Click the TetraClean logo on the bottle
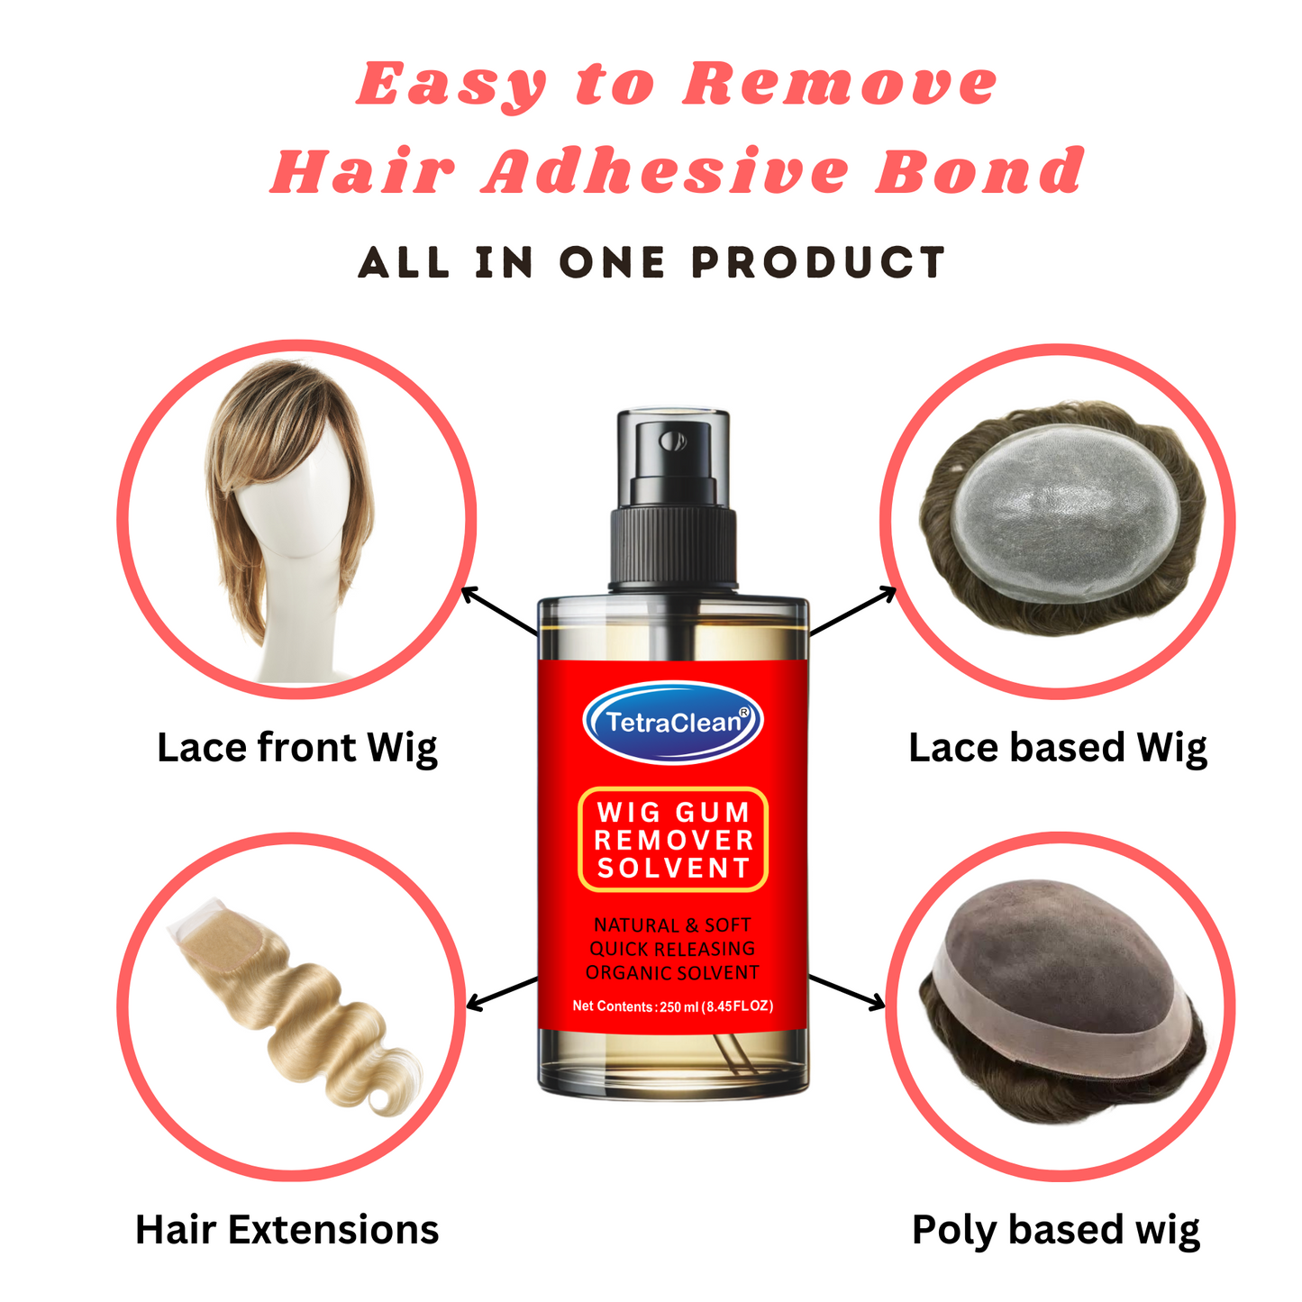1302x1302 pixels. click(x=673, y=722)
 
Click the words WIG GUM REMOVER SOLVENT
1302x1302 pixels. click(x=673, y=840)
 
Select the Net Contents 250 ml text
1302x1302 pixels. click(x=672, y=1006)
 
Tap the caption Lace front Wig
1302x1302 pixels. click(x=296, y=748)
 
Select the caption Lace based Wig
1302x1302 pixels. click(x=1057, y=748)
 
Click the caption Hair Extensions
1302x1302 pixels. click(x=287, y=1230)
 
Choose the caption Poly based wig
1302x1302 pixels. click(x=1055, y=1230)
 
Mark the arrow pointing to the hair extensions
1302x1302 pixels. click(x=502, y=993)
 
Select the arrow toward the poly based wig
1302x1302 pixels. click(x=847, y=991)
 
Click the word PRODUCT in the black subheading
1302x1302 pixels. click(x=818, y=263)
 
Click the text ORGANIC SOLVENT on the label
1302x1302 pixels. click(x=672, y=973)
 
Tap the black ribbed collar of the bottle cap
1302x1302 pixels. click(x=674, y=545)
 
